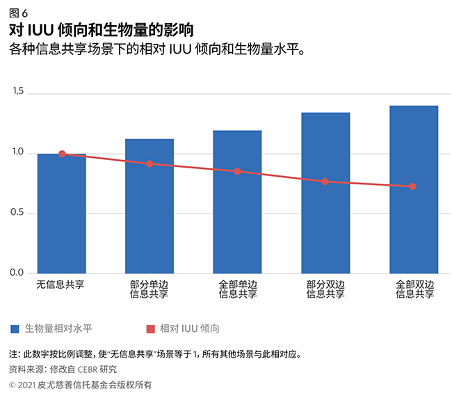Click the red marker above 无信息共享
click(62, 154)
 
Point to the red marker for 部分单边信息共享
click(150, 164)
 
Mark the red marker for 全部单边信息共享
click(238, 171)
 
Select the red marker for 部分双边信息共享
click(325, 182)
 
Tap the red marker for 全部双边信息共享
click(413, 186)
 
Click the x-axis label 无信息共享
click(62, 285)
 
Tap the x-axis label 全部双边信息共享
click(413, 289)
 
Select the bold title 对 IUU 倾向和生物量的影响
click(101, 31)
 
